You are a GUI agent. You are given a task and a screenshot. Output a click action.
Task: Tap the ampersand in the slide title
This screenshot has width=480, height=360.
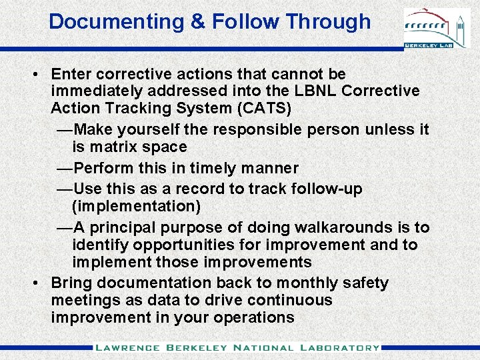tap(198, 21)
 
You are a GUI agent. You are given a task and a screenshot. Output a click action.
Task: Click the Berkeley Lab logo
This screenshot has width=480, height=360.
tap(437, 28)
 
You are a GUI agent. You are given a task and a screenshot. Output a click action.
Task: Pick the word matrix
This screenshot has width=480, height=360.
tap(115, 147)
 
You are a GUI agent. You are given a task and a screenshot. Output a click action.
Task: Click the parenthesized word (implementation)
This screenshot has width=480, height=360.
tap(136, 205)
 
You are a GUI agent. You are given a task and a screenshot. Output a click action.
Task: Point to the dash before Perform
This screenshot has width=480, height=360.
tap(65, 168)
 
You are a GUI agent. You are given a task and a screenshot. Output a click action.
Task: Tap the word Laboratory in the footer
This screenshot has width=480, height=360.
tap(339, 347)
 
